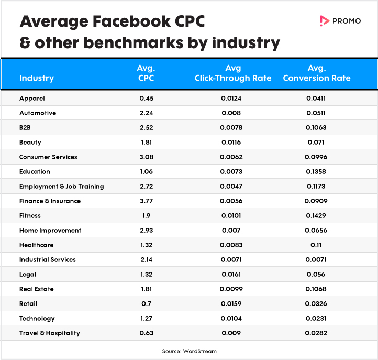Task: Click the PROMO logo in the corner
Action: pyautogui.click(x=340, y=21)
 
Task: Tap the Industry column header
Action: pyautogui.click(x=36, y=78)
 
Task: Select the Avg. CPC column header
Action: pyautogui.click(x=146, y=73)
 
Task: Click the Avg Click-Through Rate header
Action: pyautogui.click(x=233, y=73)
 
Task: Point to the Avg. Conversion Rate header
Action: pyautogui.click(x=316, y=73)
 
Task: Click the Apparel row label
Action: pyautogui.click(x=32, y=98)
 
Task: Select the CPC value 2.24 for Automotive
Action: pyautogui.click(x=146, y=113)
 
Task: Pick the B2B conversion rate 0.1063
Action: pyautogui.click(x=316, y=127)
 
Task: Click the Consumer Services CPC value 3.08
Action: pyautogui.click(x=146, y=157)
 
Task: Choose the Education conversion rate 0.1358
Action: pyautogui.click(x=316, y=171)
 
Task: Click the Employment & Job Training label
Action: pyautogui.click(x=61, y=186)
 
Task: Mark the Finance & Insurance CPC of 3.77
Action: pyautogui.click(x=146, y=201)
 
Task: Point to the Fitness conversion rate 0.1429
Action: pyautogui.click(x=316, y=215)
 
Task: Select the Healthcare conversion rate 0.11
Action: pyautogui.click(x=316, y=245)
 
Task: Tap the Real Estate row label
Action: pyautogui.click(x=36, y=289)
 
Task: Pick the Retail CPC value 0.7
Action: pyautogui.click(x=146, y=303)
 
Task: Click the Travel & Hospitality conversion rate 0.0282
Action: pyautogui.click(x=316, y=333)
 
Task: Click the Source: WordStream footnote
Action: pyautogui.click(x=189, y=351)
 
